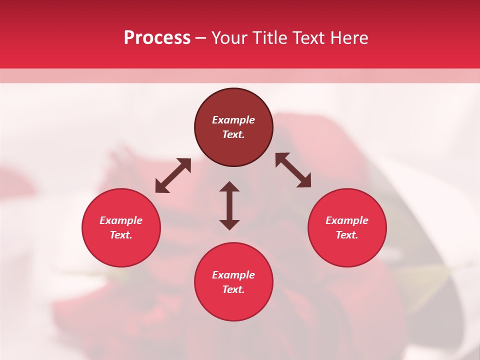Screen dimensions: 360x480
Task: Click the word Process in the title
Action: coord(157,38)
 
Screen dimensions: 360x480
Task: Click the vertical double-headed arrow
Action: coord(229,205)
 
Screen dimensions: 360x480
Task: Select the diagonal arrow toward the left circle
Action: coord(173,175)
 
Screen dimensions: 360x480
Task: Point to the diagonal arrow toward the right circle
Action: coord(293,170)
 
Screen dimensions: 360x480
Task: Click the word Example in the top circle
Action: coord(233,120)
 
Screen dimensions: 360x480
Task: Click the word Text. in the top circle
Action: coord(233,134)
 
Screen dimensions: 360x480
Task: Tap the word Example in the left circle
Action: coord(121,220)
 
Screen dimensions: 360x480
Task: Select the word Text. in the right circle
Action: coord(347,235)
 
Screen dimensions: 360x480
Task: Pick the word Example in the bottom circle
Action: coord(233,275)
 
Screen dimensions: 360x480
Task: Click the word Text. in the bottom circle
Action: coord(233,289)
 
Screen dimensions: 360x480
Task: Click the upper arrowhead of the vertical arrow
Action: coord(229,187)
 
